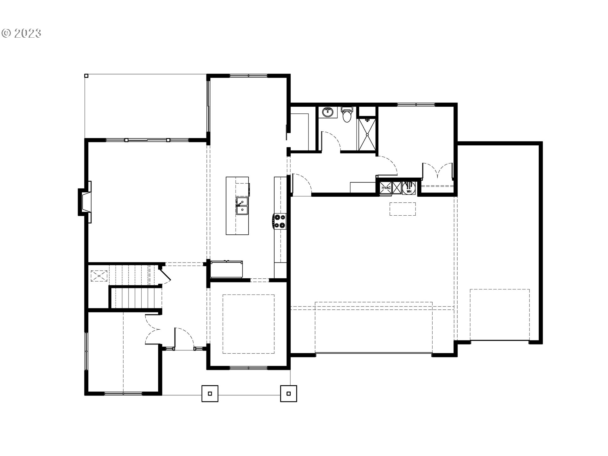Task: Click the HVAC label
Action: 386,188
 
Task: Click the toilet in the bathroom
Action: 347,115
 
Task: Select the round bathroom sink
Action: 328,112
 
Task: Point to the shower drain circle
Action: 367,135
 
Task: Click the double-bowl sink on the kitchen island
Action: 242,206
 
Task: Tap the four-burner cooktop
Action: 279,221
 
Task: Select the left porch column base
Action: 210,394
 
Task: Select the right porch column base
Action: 288,394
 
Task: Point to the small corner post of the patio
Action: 86,76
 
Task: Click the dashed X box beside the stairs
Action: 99,276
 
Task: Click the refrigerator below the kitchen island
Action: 226,269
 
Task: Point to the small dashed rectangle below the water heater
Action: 402,209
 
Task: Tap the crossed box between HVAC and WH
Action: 397,188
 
